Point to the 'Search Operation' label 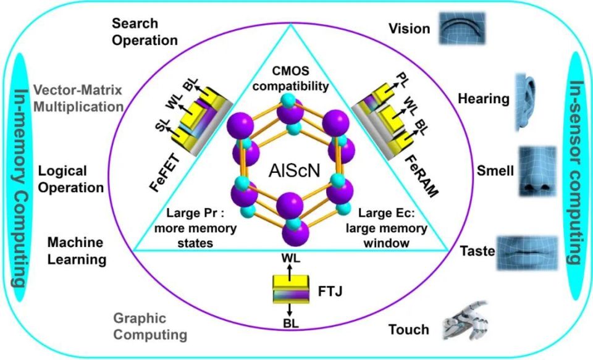click(x=145, y=32)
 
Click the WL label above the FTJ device click(x=290, y=257)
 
